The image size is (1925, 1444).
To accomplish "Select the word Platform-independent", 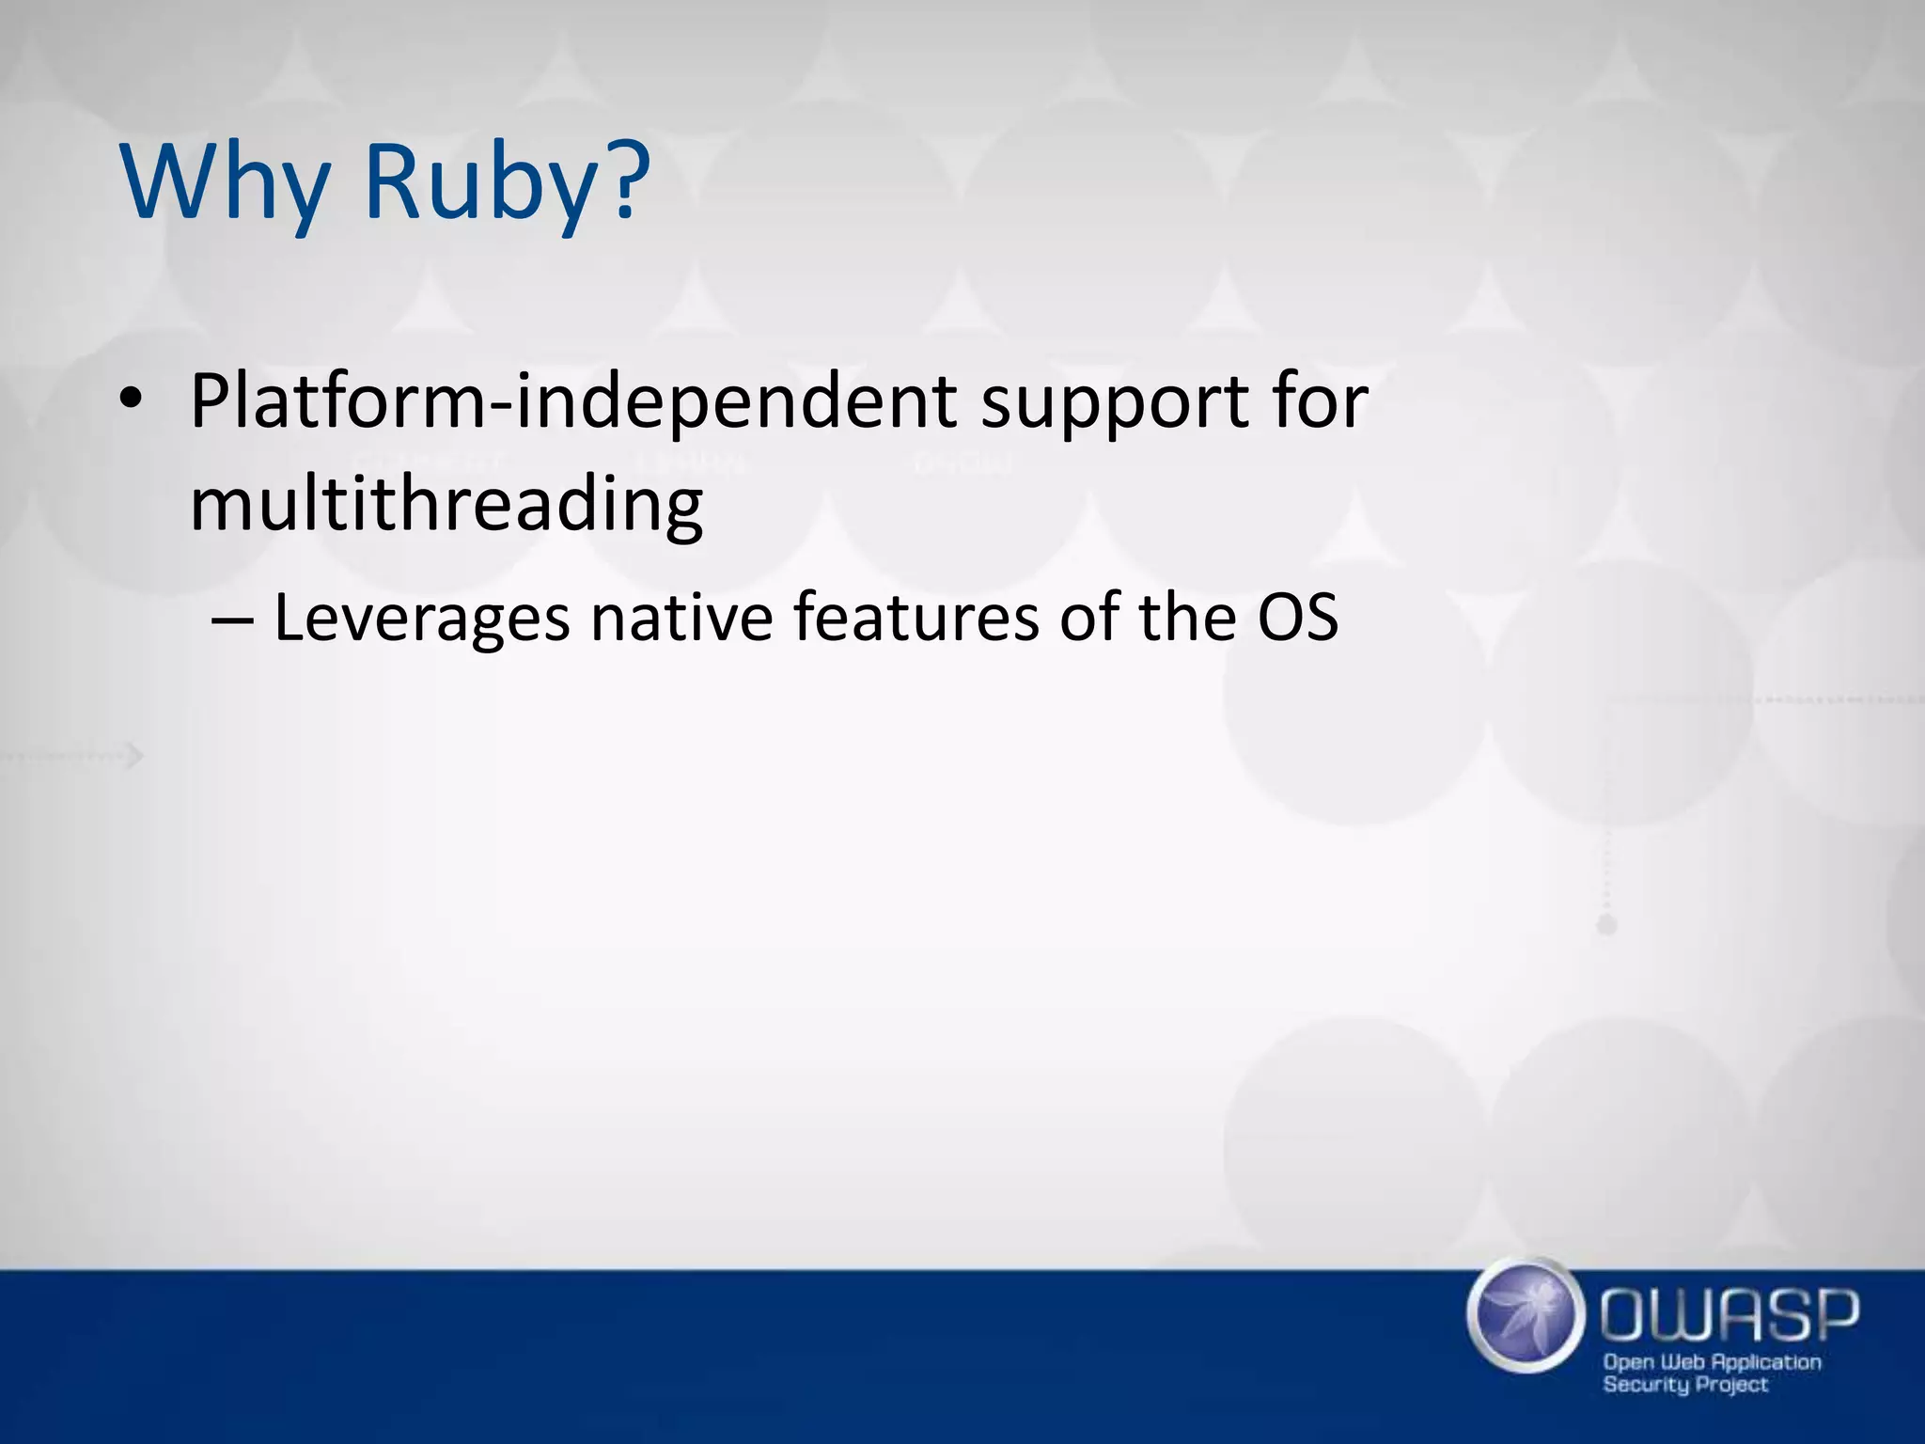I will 573,402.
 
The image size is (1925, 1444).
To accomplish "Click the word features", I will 916,618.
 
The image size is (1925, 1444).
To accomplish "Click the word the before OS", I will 1187,618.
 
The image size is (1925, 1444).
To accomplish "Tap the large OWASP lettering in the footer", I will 1729,1315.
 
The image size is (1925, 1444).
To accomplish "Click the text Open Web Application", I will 1712,1361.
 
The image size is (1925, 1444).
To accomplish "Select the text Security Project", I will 1685,1384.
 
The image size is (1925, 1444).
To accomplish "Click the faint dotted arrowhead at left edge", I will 135,755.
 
